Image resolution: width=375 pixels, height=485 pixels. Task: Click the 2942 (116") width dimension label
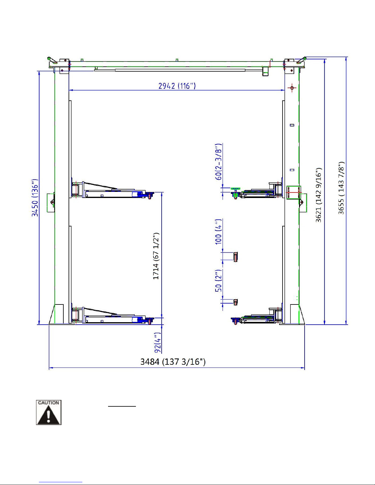coord(177,86)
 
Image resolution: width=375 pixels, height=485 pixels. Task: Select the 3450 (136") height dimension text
coord(35,198)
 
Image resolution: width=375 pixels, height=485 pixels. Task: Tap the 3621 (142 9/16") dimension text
coord(319,195)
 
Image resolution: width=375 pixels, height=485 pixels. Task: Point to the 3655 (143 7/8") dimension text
coord(341,188)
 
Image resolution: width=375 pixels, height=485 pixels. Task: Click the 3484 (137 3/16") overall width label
coord(173,362)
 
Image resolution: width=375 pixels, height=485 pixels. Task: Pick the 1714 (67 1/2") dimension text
coord(156,256)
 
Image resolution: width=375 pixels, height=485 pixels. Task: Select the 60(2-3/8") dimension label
coord(219,162)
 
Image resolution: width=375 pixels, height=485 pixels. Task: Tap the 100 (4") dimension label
coord(219,232)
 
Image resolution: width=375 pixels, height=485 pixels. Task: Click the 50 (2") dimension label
coord(219,281)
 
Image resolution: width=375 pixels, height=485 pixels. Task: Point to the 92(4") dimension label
coord(158,343)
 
